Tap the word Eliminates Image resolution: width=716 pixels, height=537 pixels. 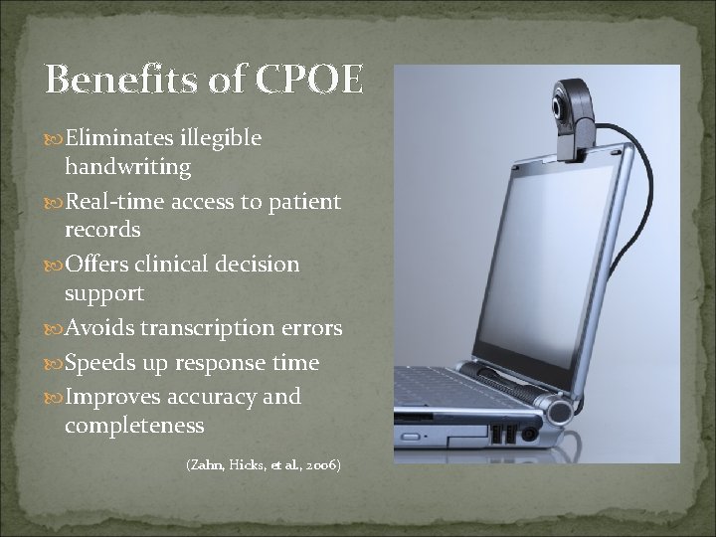coord(111,139)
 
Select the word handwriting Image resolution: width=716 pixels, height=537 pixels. coord(127,167)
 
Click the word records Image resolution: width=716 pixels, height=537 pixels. coord(102,230)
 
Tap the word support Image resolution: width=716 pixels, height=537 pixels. coord(104,293)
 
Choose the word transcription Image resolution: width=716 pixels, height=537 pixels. coord(207,328)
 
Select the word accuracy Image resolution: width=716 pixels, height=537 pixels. coord(205,398)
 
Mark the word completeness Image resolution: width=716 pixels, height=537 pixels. coord(134,426)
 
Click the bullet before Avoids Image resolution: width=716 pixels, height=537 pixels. coord(55,329)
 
